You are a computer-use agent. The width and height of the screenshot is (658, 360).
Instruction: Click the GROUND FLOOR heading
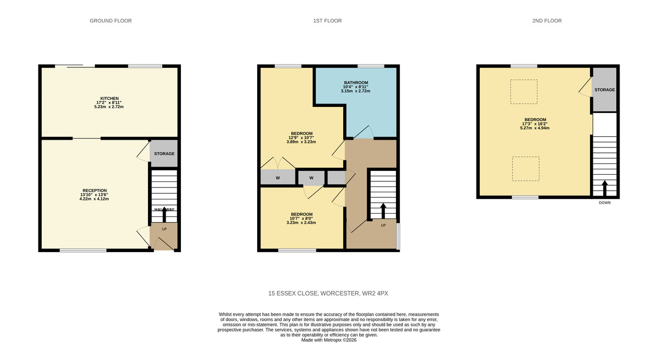click(x=111, y=21)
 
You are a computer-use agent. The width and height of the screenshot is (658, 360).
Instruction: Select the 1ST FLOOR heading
click(x=327, y=21)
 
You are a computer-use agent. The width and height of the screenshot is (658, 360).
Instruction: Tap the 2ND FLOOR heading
click(x=547, y=21)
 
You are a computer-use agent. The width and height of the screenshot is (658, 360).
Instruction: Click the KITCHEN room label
click(x=109, y=99)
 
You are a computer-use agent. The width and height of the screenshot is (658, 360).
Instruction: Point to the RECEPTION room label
click(x=94, y=191)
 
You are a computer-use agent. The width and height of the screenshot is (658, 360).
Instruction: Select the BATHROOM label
click(x=355, y=83)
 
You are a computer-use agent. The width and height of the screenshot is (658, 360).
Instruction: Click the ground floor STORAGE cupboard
click(x=164, y=153)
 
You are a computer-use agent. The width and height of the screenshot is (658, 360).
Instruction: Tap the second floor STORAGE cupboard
click(x=604, y=90)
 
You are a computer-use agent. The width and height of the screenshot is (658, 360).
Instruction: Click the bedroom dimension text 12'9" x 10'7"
click(x=301, y=138)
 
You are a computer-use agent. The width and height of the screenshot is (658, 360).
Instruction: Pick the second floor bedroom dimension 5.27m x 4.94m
click(x=535, y=128)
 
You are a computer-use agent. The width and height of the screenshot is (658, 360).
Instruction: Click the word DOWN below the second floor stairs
click(x=604, y=203)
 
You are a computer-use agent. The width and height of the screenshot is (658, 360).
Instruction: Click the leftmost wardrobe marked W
click(x=277, y=178)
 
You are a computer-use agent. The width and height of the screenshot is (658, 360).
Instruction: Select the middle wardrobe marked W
click(x=311, y=178)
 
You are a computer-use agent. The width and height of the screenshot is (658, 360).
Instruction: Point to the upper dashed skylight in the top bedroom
click(x=524, y=92)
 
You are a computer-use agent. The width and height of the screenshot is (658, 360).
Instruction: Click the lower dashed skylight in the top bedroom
click(x=525, y=169)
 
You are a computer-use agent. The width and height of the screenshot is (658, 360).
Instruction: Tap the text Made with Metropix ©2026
click(x=329, y=340)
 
